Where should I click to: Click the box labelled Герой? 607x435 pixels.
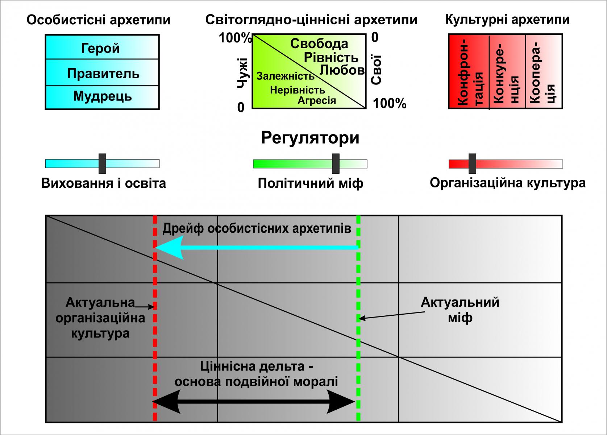pyautogui.click(x=102, y=47)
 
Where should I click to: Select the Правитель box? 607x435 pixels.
pyautogui.click(x=102, y=73)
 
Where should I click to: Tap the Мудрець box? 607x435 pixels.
pyautogui.click(x=102, y=97)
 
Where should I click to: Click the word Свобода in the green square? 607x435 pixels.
pyautogui.click(x=319, y=44)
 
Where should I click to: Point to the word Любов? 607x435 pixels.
pyautogui.click(x=342, y=70)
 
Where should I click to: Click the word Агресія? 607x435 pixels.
pyautogui.click(x=317, y=100)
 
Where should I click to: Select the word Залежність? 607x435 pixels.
pyautogui.click(x=286, y=76)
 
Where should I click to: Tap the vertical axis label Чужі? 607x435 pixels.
pyautogui.click(x=242, y=72)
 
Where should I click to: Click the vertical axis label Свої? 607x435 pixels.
pyautogui.click(x=376, y=70)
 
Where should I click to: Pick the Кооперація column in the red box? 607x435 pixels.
pyautogui.click(x=544, y=72)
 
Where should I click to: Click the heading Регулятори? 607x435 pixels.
pyautogui.click(x=310, y=138)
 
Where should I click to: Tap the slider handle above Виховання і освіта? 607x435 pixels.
pyautogui.click(x=103, y=163)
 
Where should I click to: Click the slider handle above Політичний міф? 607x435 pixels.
pyautogui.click(x=336, y=163)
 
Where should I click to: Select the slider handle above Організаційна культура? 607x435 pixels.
pyautogui.click(x=472, y=163)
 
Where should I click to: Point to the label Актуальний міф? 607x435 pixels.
pyautogui.click(x=460, y=310)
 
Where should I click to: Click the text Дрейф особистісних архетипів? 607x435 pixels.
pyautogui.click(x=257, y=228)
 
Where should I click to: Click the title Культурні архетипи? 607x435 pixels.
pyautogui.click(x=507, y=20)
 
